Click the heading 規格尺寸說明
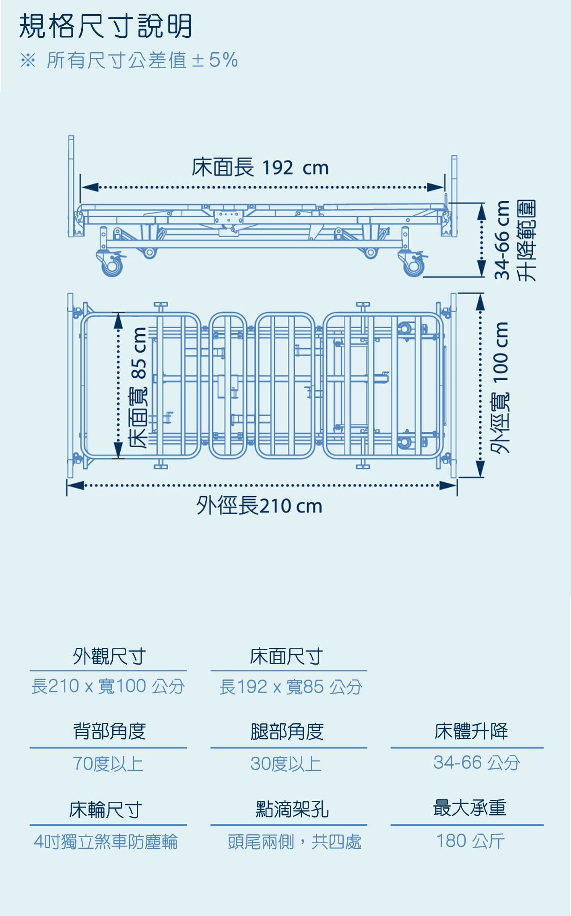click(105, 26)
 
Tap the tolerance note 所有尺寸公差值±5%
click(142, 60)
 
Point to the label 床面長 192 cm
click(260, 167)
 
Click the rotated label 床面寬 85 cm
click(138, 388)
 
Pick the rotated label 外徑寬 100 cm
click(500, 388)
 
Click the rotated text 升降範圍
click(527, 240)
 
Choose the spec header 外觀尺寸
click(109, 657)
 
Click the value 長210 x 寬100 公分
click(108, 686)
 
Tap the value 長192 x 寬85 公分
click(291, 687)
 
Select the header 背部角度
click(109, 731)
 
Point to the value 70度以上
click(108, 764)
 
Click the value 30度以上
click(286, 764)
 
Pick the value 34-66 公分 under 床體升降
click(476, 762)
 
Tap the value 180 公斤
click(470, 841)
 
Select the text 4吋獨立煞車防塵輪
click(106, 842)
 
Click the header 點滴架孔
click(293, 809)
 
